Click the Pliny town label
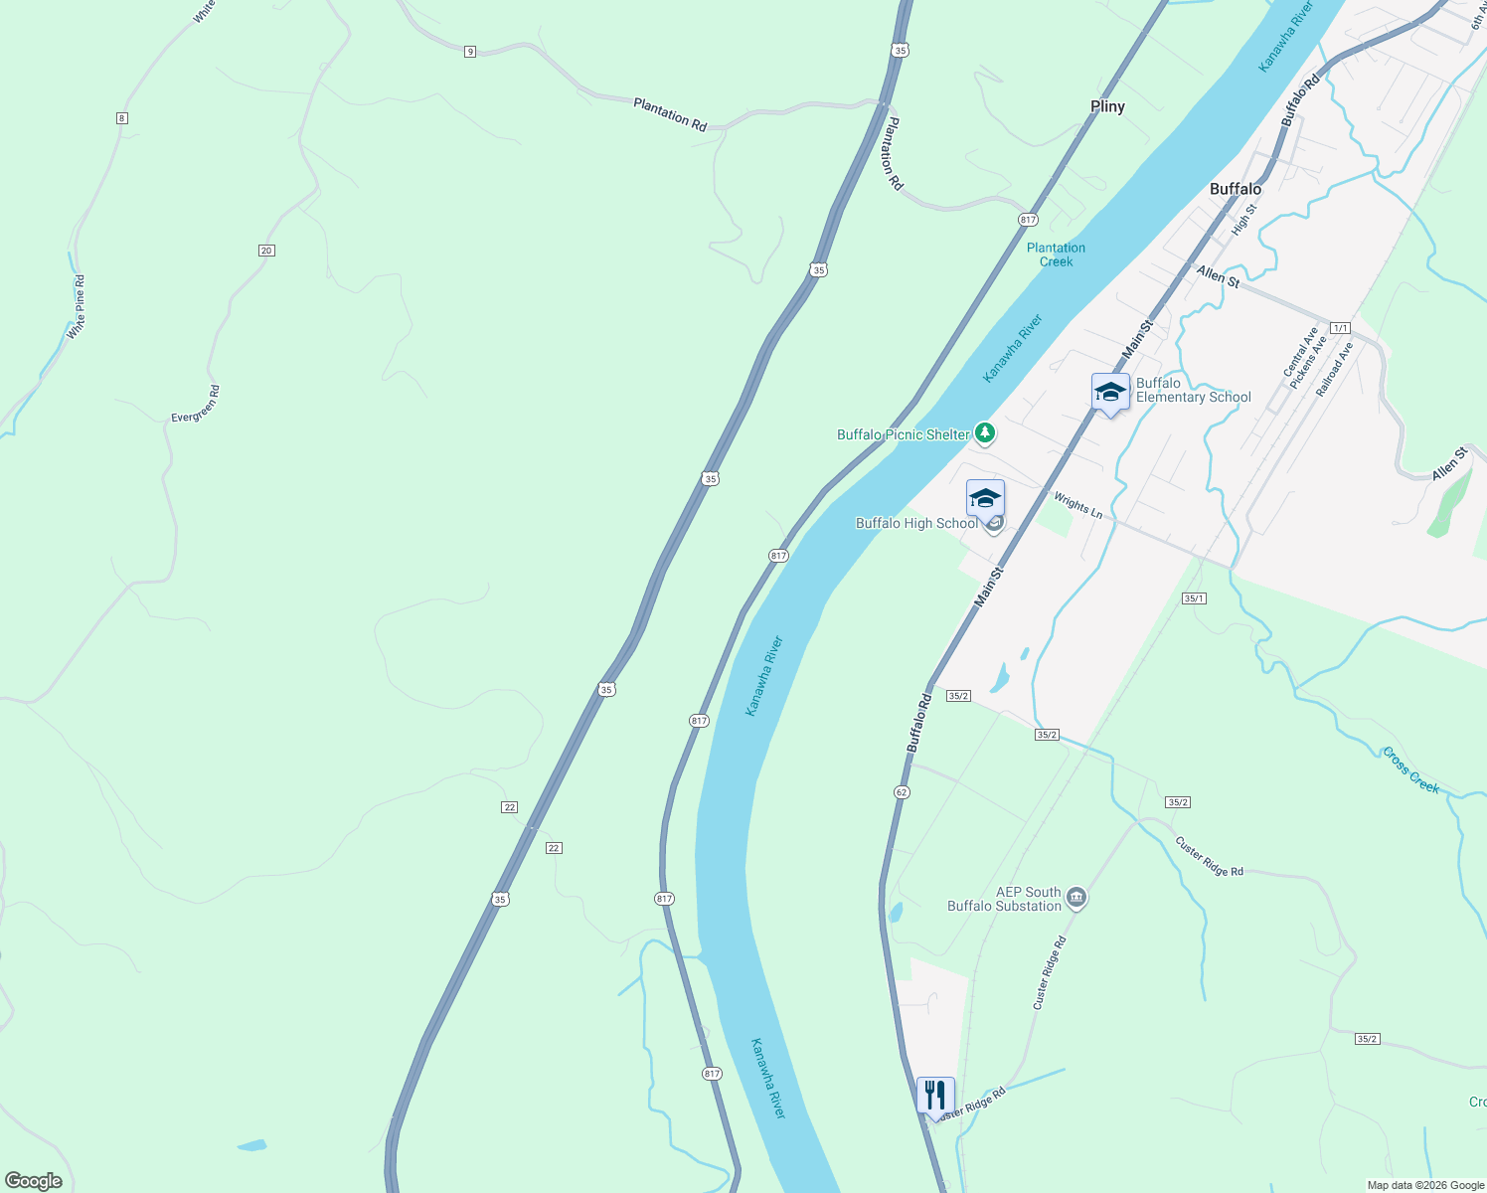click(x=1107, y=106)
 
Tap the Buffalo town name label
click(x=1236, y=189)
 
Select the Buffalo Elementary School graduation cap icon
click(x=1110, y=393)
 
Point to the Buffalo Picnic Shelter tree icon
click(x=984, y=432)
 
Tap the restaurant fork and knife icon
click(x=935, y=1096)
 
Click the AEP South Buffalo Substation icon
click(x=1075, y=900)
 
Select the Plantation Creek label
click(x=1056, y=255)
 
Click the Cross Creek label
click(x=1410, y=770)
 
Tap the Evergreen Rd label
click(x=196, y=405)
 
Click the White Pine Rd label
click(x=77, y=307)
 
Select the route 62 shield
click(x=901, y=792)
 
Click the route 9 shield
click(x=469, y=52)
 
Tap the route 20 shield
click(x=266, y=251)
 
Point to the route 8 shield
click(x=121, y=118)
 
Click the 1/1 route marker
click(x=1340, y=328)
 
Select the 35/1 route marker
click(x=1194, y=598)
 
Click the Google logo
click(x=34, y=1180)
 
